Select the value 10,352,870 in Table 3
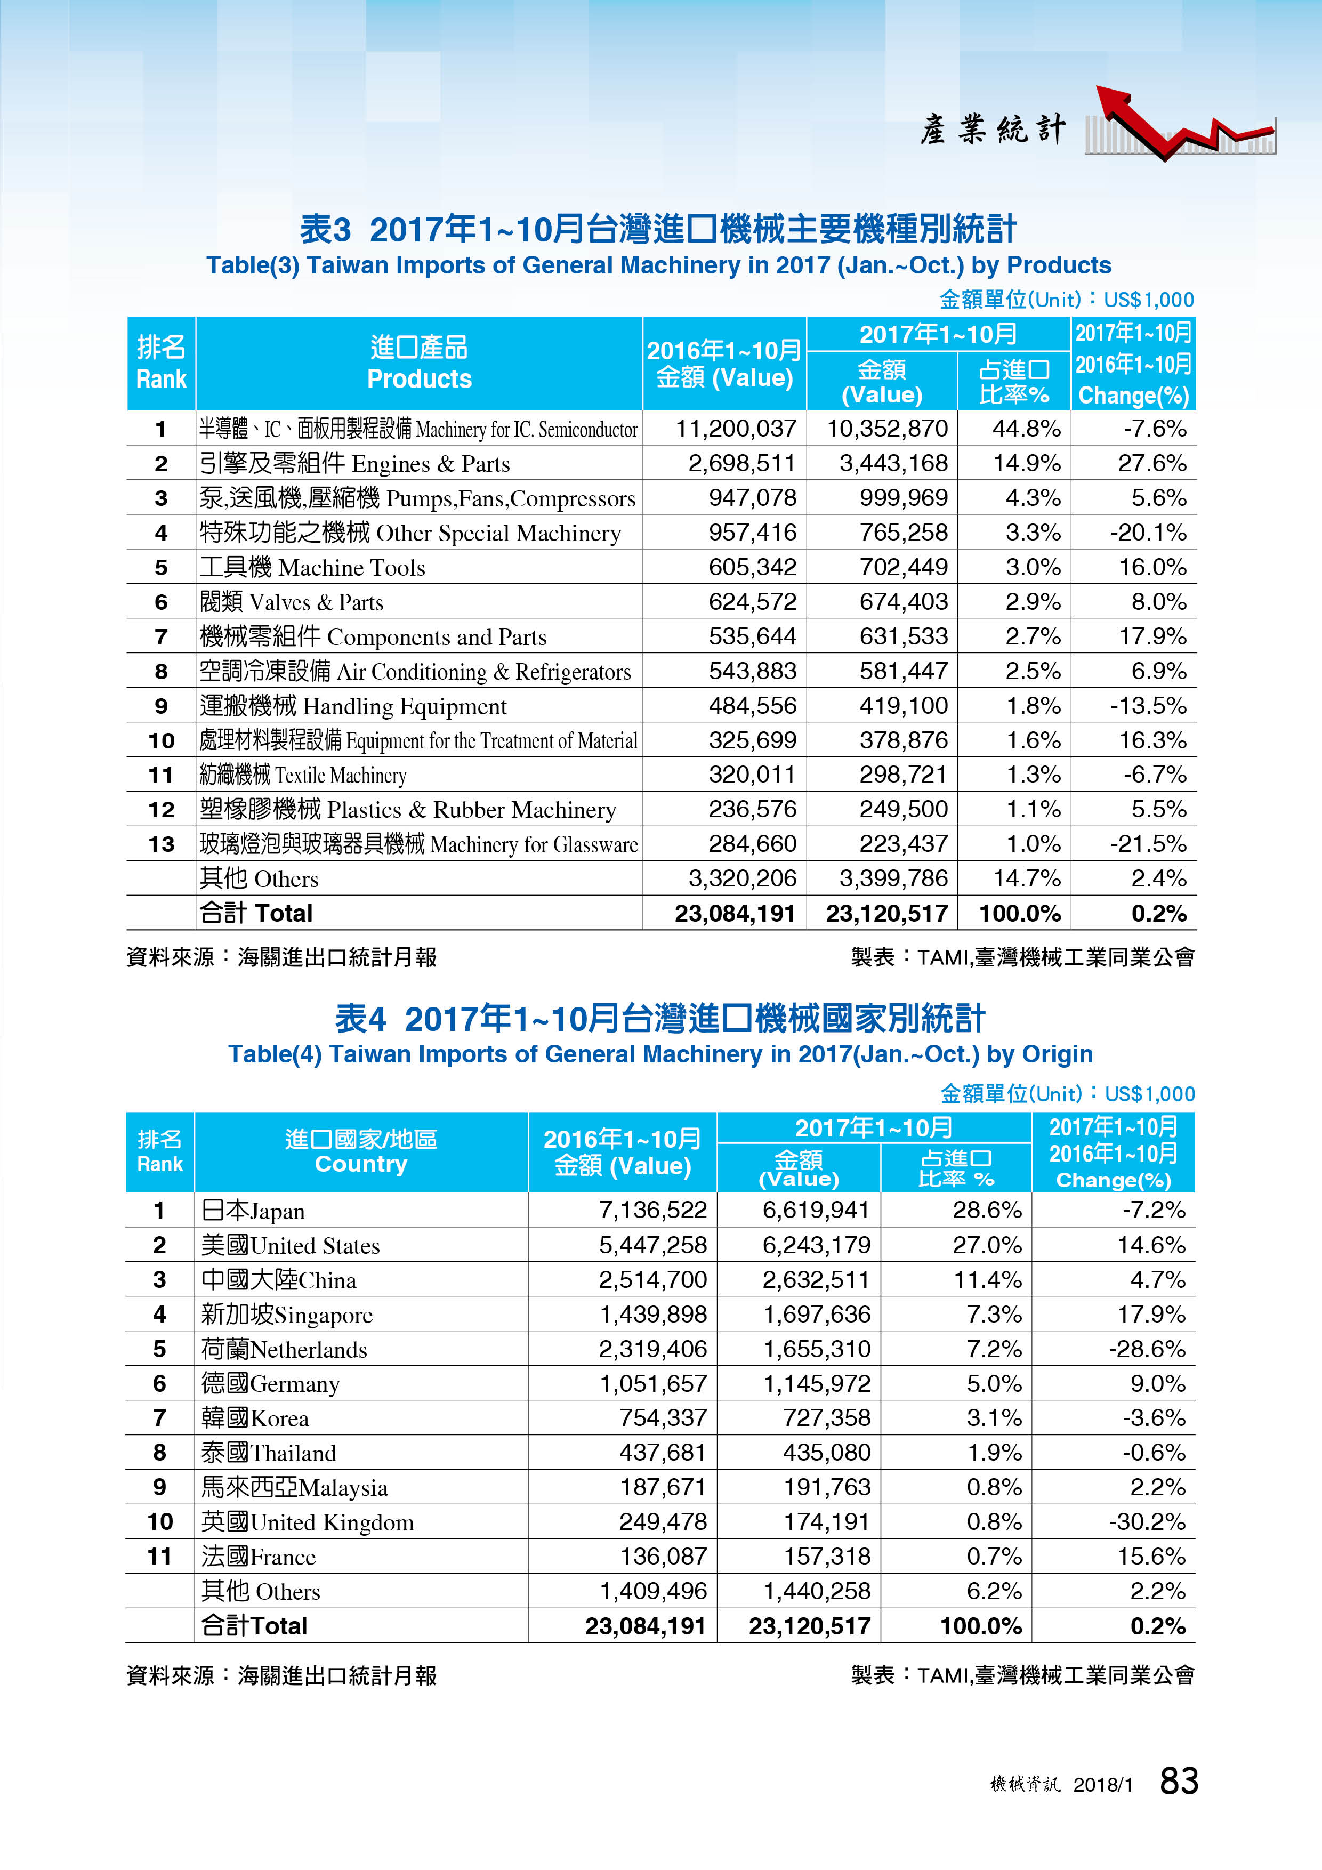[x=887, y=429]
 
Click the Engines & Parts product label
[x=355, y=463]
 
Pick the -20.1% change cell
[x=1149, y=533]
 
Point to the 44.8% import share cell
[x=1026, y=429]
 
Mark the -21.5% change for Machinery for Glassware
[x=1149, y=844]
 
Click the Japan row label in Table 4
[x=253, y=1210]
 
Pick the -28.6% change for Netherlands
[x=1147, y=1349]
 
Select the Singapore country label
[x=287, y=1315]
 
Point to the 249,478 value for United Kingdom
[x=663, y=1521]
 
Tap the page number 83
[x=1179, y=1781]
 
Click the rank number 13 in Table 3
[x=162, y=844]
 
